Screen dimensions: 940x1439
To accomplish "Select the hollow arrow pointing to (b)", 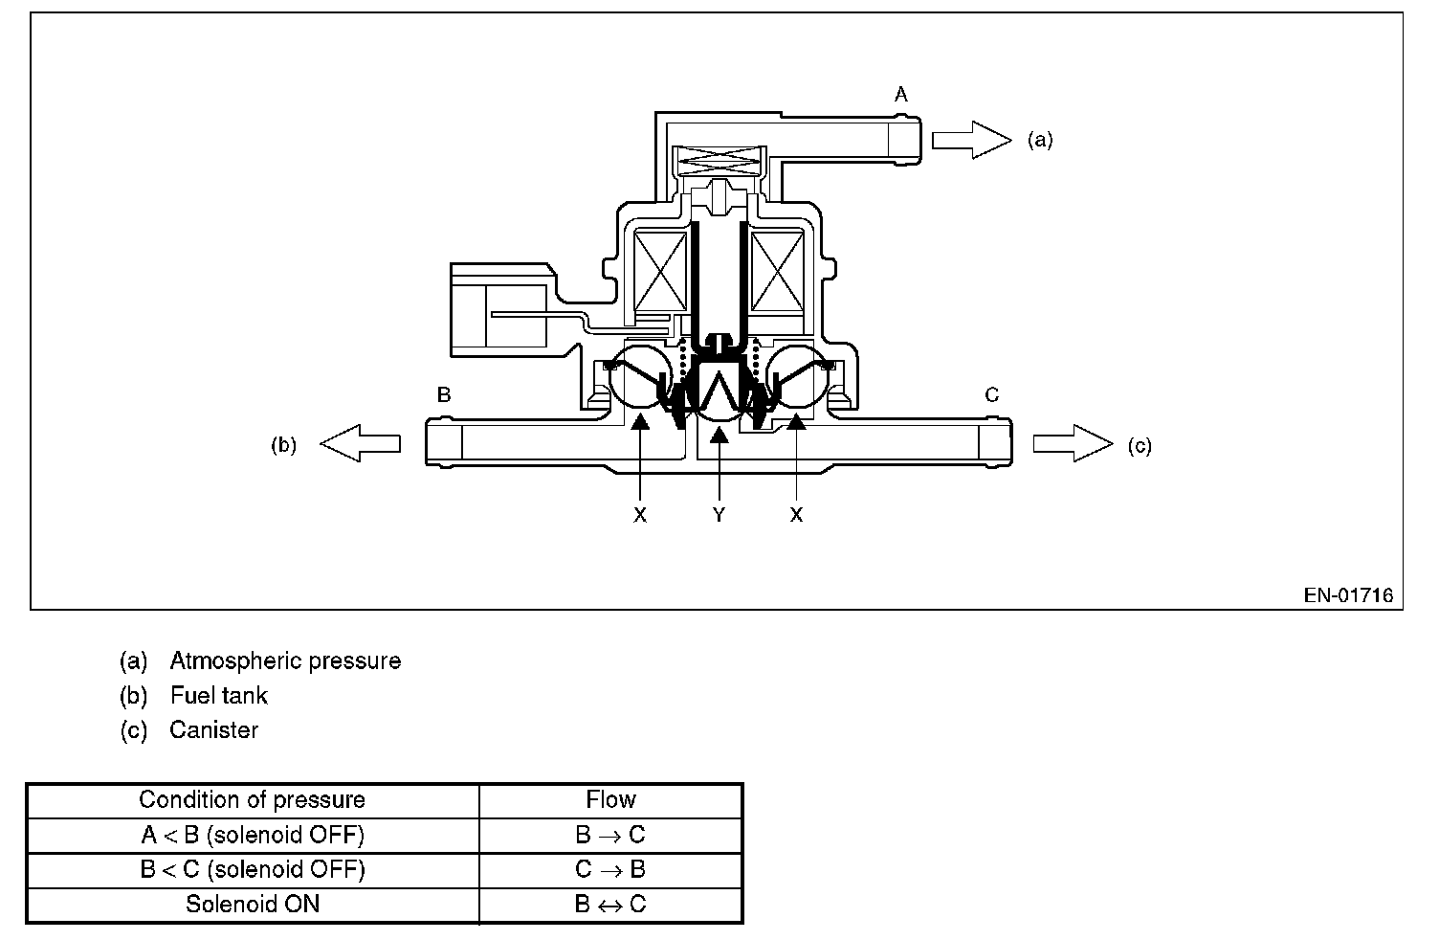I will point(360,443).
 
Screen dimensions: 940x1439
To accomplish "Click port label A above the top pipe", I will point(900,94).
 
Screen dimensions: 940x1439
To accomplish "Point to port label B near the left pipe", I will point(444,394).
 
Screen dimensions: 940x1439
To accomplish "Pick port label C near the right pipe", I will point(992,394).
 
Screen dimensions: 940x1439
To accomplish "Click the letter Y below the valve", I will point(719,515).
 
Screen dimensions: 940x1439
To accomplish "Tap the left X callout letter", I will point(640,515).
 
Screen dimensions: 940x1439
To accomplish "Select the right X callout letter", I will point(796,515).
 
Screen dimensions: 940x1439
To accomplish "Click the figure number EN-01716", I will point(1348,595).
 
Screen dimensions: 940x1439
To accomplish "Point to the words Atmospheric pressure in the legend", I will point(285,660).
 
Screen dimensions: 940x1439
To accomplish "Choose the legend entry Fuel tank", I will point(219,695).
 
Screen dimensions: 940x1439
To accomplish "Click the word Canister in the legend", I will point(213,729).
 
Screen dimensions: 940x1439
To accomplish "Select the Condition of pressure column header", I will point(252,800).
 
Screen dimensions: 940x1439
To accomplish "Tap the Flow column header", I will point(610,800).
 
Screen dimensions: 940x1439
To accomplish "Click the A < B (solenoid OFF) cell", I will point(252,835).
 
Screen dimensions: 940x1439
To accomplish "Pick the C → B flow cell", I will point(610,869).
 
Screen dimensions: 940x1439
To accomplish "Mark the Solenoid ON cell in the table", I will point(252,904).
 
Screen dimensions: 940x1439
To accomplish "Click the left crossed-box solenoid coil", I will point(661,272).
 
